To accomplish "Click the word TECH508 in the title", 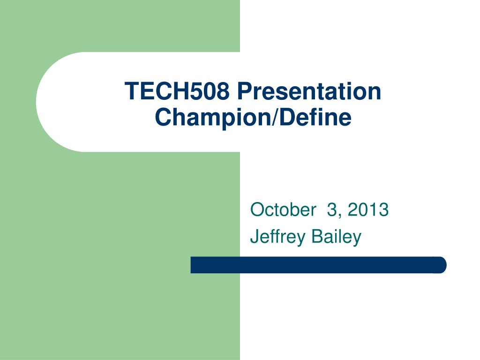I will click(177, 91).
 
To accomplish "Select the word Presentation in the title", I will click(309, 91).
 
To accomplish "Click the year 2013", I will click(368, 210).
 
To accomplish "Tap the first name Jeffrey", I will click(272, 237).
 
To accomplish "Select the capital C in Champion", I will click(163, 117).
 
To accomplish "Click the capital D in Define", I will click(291, 117).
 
